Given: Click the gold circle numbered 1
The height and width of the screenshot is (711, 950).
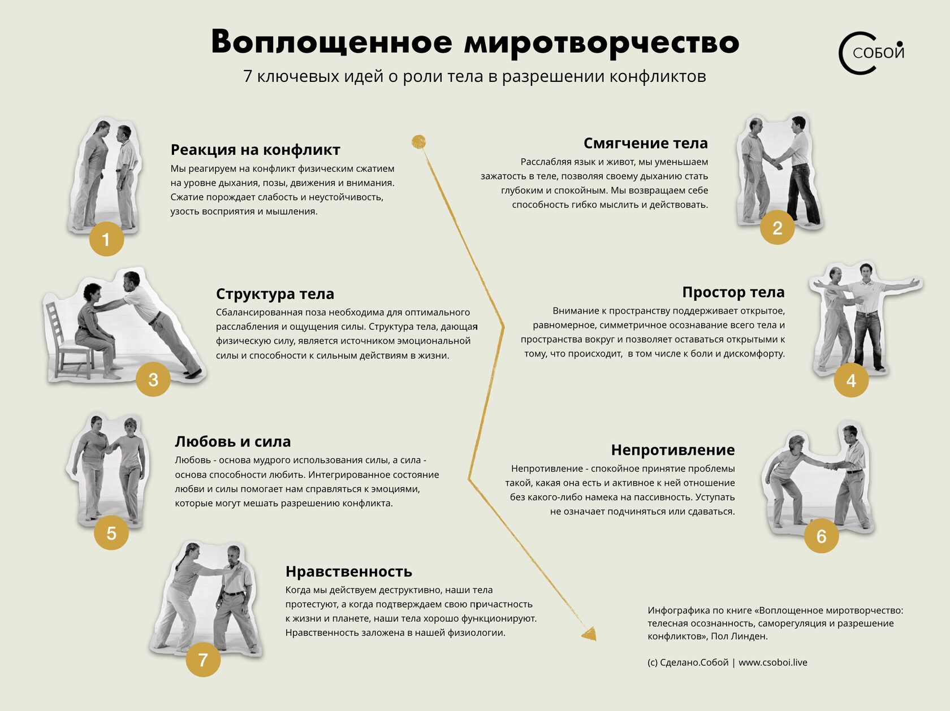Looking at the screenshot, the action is [106, 239].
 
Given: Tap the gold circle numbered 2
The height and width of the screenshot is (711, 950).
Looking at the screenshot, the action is [778, 228].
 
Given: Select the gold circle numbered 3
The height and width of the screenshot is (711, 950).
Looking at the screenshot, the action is [153, 379].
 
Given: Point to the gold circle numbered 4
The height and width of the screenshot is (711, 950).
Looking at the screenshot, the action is [851, 380].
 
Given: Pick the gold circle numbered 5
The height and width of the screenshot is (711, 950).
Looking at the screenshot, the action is [111, 533].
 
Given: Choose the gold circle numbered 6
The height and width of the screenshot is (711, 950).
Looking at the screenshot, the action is [822, 536].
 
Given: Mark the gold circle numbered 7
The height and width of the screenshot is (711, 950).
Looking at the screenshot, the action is [203, 660].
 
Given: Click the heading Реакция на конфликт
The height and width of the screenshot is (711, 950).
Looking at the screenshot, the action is [255, 150].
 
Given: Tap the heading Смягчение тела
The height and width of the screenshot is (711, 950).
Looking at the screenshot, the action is [645, 143].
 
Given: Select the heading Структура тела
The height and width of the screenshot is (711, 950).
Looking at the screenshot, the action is [275, 294].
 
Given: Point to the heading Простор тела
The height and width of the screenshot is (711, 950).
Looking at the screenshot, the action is [733, 292].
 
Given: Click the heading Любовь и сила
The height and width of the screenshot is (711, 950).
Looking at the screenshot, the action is [232, 441].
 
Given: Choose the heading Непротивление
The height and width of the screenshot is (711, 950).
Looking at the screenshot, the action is [672, 450].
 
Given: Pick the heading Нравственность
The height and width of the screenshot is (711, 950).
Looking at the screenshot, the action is [348, 571].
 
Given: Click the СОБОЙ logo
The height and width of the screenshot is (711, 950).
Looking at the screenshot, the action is [871, 53].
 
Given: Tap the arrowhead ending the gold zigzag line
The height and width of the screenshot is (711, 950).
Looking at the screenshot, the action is [589, 634].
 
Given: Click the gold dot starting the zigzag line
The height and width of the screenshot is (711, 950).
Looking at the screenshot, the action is [418, 141].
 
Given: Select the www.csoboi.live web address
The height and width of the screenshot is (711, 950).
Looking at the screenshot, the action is [772, 662].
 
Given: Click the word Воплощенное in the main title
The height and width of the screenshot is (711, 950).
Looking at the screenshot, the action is [332, 42].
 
